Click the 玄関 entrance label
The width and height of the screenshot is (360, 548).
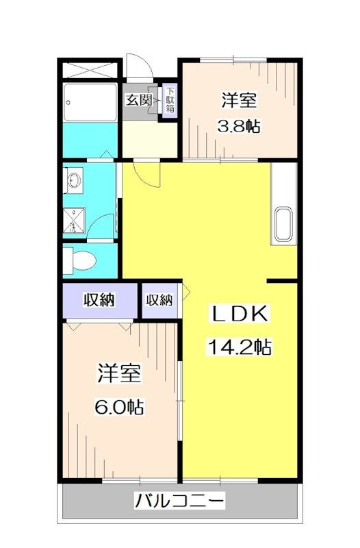pos(138,100)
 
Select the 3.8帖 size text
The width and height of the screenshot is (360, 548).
pos(240,127)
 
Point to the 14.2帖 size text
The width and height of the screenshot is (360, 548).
pos(240,347)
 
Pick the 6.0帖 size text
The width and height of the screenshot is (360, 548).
pos(119,407)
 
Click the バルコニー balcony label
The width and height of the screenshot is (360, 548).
pos(179,501)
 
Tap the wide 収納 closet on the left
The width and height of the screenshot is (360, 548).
pos(100,300)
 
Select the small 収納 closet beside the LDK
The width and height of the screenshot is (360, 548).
pos(159,300)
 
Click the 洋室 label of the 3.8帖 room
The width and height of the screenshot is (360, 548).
pos(240,101)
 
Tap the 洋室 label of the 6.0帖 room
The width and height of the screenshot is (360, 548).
pos(119,375)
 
